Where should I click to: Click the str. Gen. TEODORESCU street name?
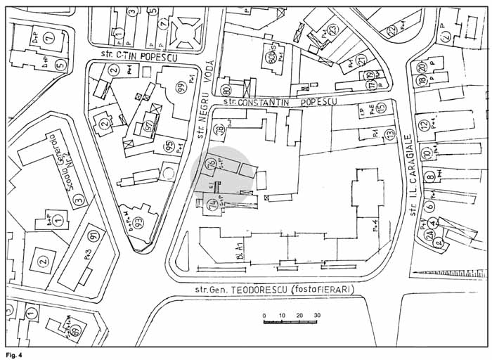click(275, 290)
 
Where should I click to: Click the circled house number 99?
click(181, 87)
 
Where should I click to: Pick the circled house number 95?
click(169, 146)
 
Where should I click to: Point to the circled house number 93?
click(139, 223)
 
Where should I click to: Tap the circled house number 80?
click(226, 90)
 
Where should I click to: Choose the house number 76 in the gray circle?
click(210, 165)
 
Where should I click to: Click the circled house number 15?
click(380, 108)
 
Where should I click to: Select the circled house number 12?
click(423, 126)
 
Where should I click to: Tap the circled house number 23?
click(333, 29)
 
